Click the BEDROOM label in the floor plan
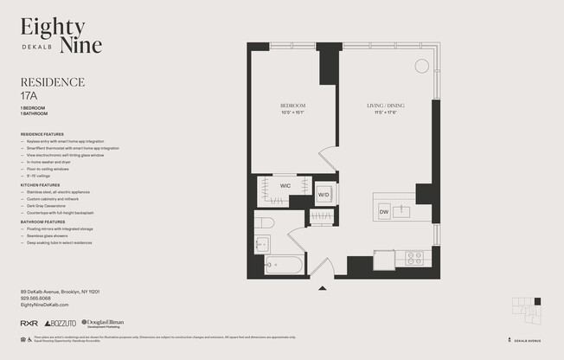pyautogui.click(x=292, y=106)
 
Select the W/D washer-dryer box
pyautogui.click(x=324, y=195)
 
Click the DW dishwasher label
pyautogui.click(x=383, y=211)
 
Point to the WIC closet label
pyautogui.click(x=285, y=185)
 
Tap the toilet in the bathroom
pyautogui.click(x=265, y=223)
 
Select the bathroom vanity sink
pyautogui.click(x=261, y=245)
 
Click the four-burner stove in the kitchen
pyautogui.click(x=413, y=257)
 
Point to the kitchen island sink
pyautogui.click(x=401, y=210)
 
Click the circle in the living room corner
pyautogui.click(x=421, y=66)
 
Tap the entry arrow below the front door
pyautogui.click(x=322, y=287)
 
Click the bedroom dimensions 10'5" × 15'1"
pyautogui.click(x=292, y=112)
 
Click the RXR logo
pyautogui.click(x=29, y=323)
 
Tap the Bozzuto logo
pyautogui.click(x=60, y=323)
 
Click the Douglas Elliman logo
pyautogui.click(x=100, y=322)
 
